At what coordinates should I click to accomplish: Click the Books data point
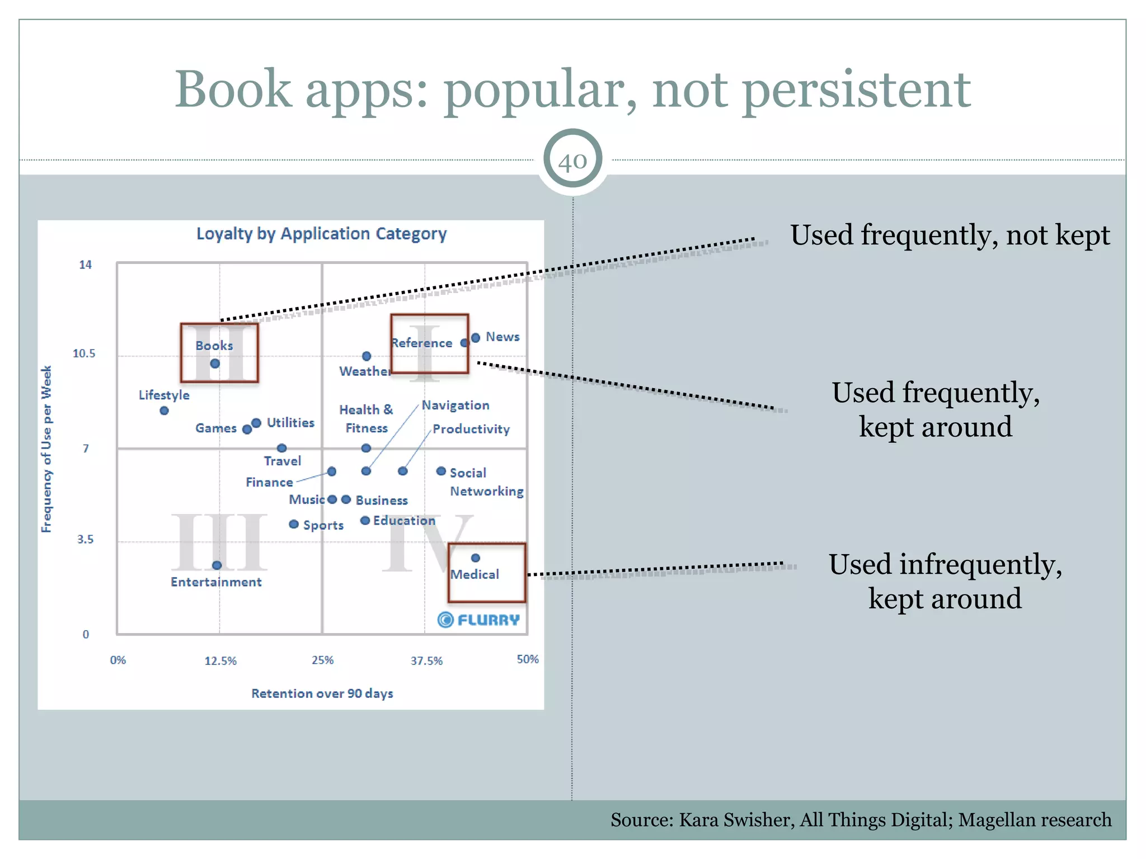(x=215, y=364)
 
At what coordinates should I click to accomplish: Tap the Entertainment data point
(x=217, y=565)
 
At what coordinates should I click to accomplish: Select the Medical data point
(x=476, y=558)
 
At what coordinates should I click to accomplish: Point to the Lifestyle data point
(x=164, y=410)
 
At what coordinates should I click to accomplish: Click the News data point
(x=476, y=338)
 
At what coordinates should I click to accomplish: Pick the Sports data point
(x=294, y=524)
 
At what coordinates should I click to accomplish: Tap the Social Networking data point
(x=441, y=471)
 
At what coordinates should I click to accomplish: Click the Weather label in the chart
(x=364, y=371)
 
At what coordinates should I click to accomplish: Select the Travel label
(x=283, y=461)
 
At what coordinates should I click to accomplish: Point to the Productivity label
(x=471, y=429)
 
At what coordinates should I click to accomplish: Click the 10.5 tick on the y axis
(x=84, y=353)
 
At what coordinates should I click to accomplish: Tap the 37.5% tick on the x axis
(x=426, y=660)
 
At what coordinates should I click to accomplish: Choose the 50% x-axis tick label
(x=527, y=659)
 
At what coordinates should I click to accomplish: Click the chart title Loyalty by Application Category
(x=321, y=234)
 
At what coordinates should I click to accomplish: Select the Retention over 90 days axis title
(x=322, y=693)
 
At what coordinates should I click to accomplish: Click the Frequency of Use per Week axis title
(x=46, y=449)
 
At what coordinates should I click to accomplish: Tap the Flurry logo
(x=478, y=620)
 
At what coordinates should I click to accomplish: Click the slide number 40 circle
(x=572, y=161)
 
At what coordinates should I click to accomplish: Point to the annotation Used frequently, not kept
(x=950, y=235)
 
